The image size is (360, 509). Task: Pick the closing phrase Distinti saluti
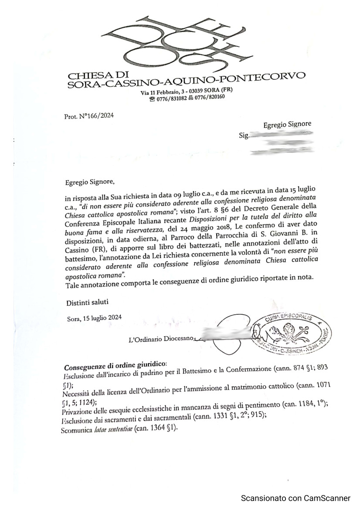87,302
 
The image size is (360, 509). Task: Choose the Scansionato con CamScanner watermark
295,498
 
